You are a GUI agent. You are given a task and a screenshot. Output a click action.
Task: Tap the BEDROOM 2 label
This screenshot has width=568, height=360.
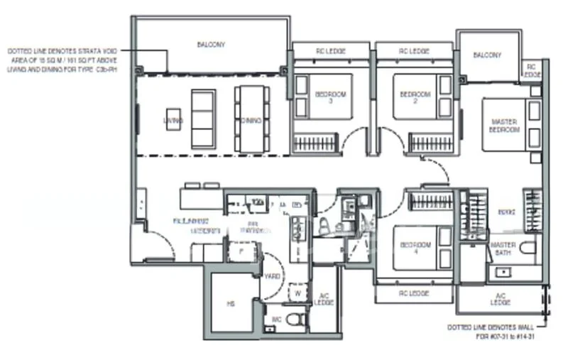415,97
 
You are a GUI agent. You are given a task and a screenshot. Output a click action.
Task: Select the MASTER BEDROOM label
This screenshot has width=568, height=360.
504,126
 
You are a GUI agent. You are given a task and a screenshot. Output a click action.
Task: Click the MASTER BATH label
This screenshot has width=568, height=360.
503,249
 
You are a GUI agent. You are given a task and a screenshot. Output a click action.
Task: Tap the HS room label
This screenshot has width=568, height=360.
231,304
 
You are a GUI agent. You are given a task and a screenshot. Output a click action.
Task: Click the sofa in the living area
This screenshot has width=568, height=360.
203,119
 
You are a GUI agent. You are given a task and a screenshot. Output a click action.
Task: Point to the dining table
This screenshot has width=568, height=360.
248,119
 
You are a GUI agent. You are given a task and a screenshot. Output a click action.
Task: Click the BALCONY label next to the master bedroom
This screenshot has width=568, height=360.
487,55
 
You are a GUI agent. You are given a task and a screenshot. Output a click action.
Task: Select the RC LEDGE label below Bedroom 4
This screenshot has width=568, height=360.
413,292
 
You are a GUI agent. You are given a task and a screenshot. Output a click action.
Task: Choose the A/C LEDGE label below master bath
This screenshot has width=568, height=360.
500,299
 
